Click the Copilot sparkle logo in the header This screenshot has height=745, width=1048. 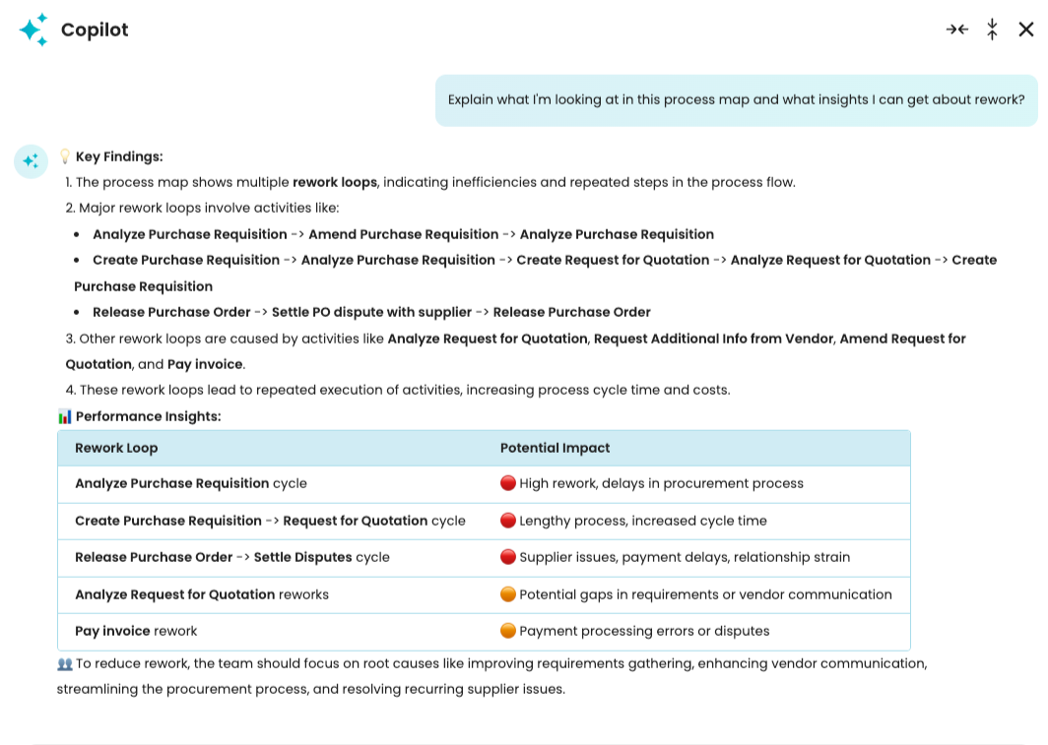[33, 30]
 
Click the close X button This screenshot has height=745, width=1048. [1026, 30]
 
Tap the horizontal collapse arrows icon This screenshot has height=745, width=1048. [956, 30]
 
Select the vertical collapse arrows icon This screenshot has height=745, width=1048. [992, 30]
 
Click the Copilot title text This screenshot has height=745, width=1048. [95, 30]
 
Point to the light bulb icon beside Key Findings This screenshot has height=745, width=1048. [65, 156]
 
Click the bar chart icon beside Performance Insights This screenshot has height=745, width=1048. [65, 416]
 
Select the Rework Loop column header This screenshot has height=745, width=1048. [116, 448]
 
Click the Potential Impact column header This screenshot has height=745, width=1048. [555, 448]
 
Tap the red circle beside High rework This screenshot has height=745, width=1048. [508, 483]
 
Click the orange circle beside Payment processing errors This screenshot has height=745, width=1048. [508, 631]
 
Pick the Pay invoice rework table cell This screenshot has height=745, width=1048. [136, 631]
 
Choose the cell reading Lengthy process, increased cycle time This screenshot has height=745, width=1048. [642, 521]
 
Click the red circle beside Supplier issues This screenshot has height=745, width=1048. [508, 557]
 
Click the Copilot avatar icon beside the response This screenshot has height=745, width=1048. [31, 161]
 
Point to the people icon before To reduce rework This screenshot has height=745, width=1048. [65, 664]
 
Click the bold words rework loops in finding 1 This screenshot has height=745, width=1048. [335, 182]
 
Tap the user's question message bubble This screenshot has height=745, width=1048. [736, 100]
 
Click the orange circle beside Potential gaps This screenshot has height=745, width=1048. [508, 594]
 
